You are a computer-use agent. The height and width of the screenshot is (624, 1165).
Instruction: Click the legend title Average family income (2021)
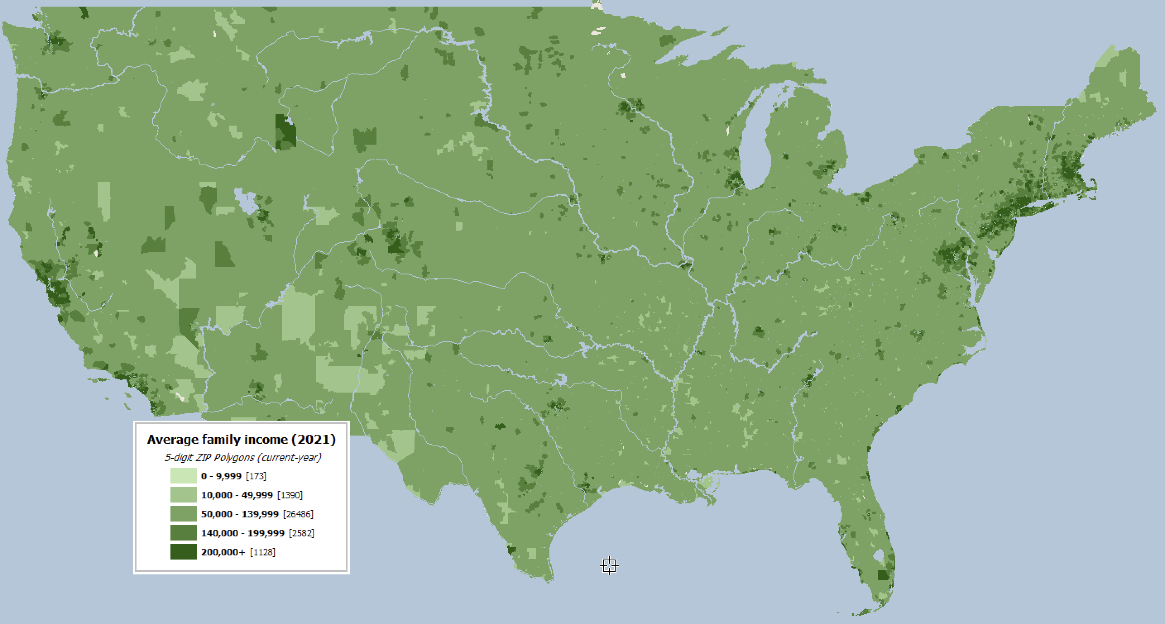pos(241,439)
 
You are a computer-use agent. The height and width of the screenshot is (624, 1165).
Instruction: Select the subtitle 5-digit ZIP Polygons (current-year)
pos(242,457)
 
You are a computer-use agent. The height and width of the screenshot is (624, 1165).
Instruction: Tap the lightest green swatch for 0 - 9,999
pos(183,476)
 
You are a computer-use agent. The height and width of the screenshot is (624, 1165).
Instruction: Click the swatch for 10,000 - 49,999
pos(183,495)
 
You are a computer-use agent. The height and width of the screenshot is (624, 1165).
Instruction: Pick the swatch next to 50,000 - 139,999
pos(183,514)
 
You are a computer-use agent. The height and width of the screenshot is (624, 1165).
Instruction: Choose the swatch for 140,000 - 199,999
pos(183,533)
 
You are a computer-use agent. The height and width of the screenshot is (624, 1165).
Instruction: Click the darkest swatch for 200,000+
pos(183,552)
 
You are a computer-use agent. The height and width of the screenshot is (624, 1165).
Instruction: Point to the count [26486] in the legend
pos(298,514)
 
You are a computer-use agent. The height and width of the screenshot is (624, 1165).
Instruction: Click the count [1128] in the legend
pos(262,552)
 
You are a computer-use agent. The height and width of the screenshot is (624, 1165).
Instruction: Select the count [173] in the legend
pos(256,476)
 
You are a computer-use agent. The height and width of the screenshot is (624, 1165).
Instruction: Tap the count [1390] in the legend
pos(290,495)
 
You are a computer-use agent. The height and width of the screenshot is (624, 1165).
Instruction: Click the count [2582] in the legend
pos(301,533)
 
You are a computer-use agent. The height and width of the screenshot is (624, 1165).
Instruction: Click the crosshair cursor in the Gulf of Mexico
pos(609,565)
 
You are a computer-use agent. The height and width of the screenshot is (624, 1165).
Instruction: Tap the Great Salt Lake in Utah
pos(244,201)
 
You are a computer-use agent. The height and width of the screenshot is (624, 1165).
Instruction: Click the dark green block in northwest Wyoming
pos(285,132)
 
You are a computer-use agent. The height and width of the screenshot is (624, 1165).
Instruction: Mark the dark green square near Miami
pos(883,575)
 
